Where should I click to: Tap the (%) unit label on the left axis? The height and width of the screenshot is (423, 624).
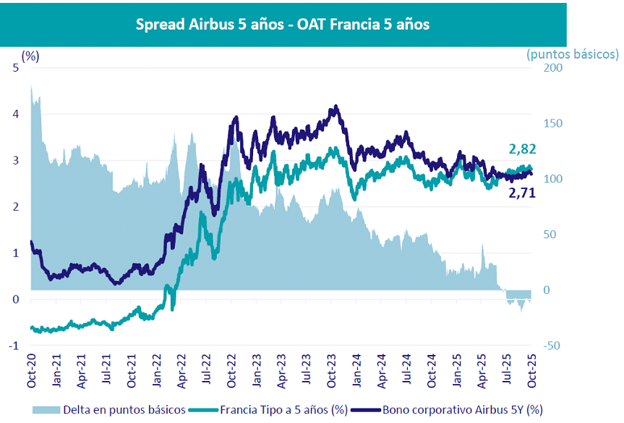(30, 55)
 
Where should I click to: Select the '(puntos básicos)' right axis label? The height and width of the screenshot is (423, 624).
(573, 54)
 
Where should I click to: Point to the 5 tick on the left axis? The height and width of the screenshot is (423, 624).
(15, 68)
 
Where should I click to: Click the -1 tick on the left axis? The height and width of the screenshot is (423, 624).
(13, 346)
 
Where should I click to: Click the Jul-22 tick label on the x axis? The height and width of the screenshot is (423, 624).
(206, 371)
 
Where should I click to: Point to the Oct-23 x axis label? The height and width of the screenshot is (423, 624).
(332, 371)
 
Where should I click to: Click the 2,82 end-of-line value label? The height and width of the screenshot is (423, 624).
(522, 149)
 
